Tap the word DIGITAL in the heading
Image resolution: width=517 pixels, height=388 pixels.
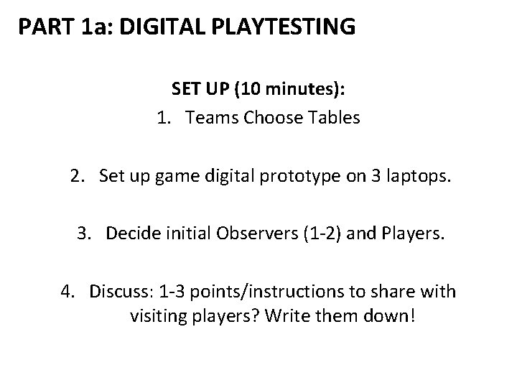pyautogui.click(x=156, y=28)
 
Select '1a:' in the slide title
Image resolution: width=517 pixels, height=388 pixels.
pyautogui.click(x=93, y=28)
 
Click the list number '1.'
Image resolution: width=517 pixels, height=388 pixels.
pyautogui.click(x=164, y=118)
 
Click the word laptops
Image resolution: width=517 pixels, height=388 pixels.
pyautogui.click(x=418, y=175)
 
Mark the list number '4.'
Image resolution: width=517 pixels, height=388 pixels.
pyautogui.click(x=68, y=291)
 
